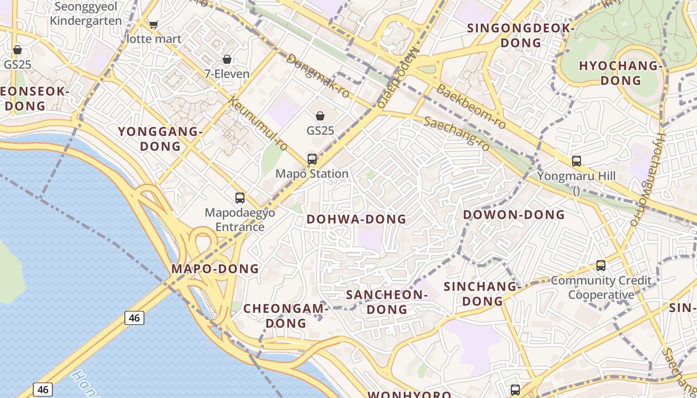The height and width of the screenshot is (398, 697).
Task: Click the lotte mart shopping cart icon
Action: coord(154,24)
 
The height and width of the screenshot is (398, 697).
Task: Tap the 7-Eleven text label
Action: coord(227,74)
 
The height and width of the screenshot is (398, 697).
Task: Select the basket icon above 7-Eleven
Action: coord(227,59)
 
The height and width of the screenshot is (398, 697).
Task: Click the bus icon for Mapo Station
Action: coord(312,159)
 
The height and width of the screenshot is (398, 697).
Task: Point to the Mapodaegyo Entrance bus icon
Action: coord(240,198)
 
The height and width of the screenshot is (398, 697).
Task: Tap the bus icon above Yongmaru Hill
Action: coord(577,161)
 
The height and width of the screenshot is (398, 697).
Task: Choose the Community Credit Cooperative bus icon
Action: coord(601,266)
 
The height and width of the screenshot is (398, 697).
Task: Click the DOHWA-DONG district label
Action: coord(356,219)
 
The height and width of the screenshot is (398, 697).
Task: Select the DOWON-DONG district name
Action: coord(514,215)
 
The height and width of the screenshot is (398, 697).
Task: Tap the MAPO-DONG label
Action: coord(215,269)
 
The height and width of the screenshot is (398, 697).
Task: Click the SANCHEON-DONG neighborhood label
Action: coord(387,302)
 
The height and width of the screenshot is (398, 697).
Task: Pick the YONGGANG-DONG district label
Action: coord(160,139)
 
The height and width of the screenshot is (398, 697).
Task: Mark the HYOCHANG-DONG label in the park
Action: coord(620,73)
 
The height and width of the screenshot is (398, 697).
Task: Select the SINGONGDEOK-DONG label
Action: coord(521,35)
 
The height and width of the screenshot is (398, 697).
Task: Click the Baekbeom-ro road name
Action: coord(471,106)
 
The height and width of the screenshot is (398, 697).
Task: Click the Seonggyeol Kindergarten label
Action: coord(86,13)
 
